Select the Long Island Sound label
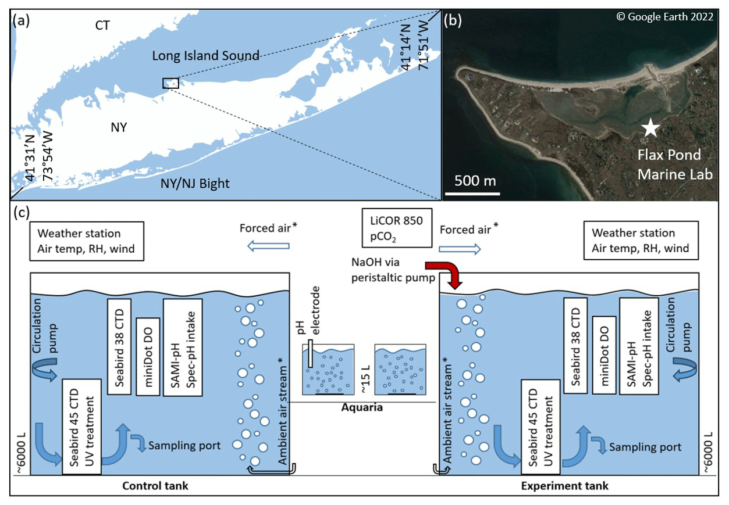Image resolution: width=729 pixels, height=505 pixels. [x=205, y=56]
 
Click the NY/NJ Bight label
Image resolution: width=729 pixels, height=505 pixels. [x=195, y=184]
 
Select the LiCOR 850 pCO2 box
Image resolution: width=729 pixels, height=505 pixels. [x=397, y=228]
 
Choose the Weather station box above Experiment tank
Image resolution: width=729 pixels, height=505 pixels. [x=641, y=241]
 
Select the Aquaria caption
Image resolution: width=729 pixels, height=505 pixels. [x=362, y=407]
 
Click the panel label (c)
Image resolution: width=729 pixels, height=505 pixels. [x=22, y=213]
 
